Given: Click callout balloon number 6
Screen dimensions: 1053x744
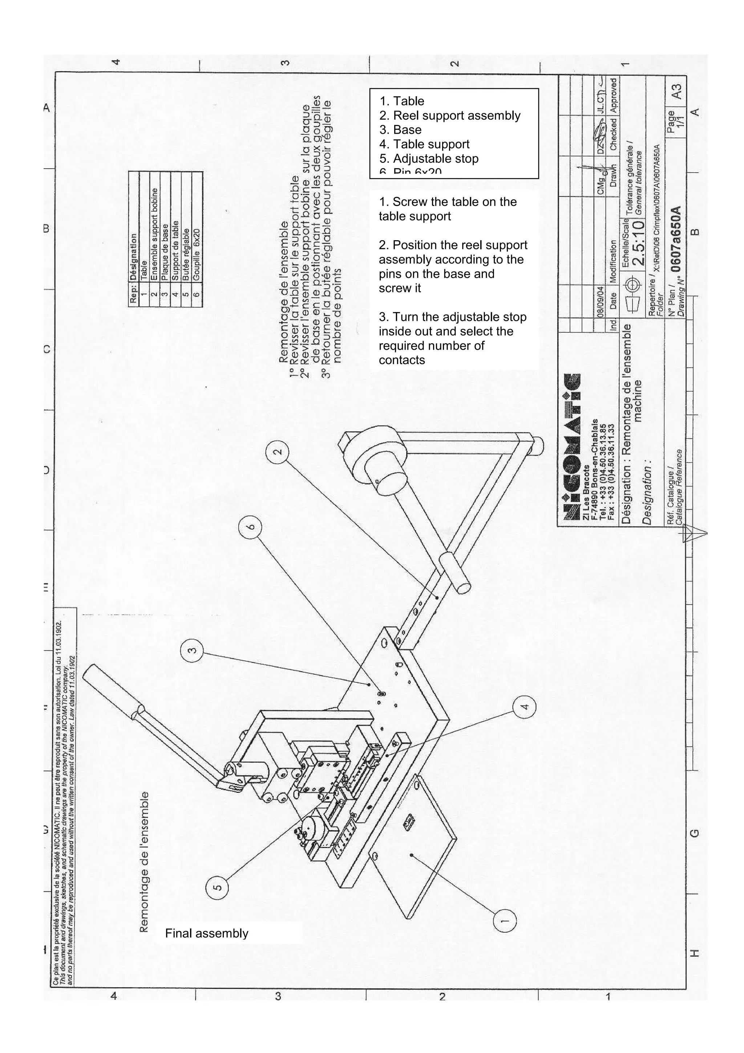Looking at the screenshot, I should [250, 526].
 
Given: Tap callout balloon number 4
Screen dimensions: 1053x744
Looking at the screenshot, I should [525, 707].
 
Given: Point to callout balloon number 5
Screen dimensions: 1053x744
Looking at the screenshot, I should [218, 887].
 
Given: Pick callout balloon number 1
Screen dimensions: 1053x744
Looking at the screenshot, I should [505, 920].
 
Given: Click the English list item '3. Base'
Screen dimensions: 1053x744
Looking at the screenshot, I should [400, 130].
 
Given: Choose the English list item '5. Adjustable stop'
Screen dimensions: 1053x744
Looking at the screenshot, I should [429, 159].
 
